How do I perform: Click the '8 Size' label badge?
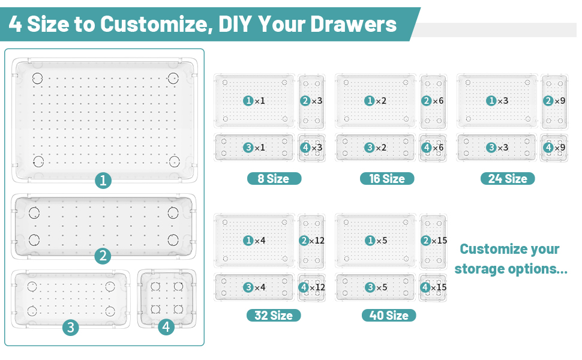point(274,178)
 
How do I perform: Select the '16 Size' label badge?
point(386,178)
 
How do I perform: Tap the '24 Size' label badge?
point(507,178)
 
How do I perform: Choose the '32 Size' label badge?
point(274,315)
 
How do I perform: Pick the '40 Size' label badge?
point(388,315)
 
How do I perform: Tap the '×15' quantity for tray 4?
point(438,287)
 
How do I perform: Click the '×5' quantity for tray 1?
point(381,241)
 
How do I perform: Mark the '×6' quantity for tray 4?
point(438,148)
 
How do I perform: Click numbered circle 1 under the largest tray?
point(103,181)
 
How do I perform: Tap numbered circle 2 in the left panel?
point(103,256)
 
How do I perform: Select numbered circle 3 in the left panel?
point(71,328)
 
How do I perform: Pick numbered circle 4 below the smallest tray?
point(166,328)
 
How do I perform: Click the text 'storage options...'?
point(511,268)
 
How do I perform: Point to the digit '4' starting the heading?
point(15,24)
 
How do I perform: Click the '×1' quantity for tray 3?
point(259,148)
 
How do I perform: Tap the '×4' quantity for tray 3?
point(259,287)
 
